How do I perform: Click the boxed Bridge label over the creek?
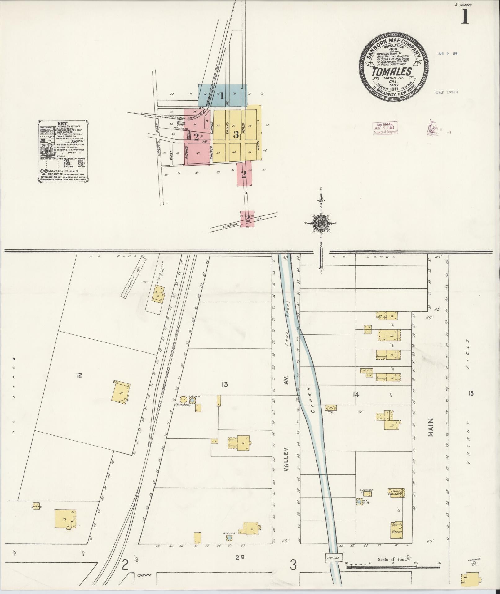[x=333, y=558]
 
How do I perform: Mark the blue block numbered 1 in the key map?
[x=222, y=96]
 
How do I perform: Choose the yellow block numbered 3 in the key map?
[x=236, y=135]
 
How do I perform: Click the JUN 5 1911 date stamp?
[x=448, y=53]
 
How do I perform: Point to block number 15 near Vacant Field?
[x=471, y=394]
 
